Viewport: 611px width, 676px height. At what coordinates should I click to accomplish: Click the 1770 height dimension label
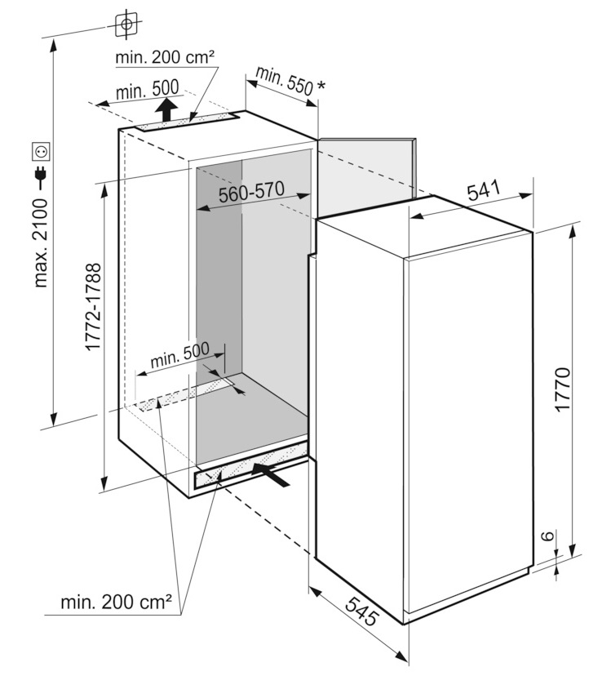point(563,389)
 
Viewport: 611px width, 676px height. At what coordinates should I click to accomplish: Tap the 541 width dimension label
point(484,190)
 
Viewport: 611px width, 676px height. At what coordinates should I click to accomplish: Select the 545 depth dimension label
point(361,611)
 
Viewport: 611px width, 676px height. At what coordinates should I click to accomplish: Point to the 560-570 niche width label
point(251,192)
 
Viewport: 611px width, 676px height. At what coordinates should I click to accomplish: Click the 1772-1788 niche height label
point(93,307)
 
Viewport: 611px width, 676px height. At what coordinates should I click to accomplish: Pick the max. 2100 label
point(41,243)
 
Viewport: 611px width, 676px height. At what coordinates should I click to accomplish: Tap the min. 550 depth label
point(284,81)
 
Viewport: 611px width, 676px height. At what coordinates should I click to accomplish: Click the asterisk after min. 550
point(321,86)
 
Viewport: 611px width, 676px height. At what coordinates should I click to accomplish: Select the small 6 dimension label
point(547,536)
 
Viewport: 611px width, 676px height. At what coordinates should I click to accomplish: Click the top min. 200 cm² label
point(165,57)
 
